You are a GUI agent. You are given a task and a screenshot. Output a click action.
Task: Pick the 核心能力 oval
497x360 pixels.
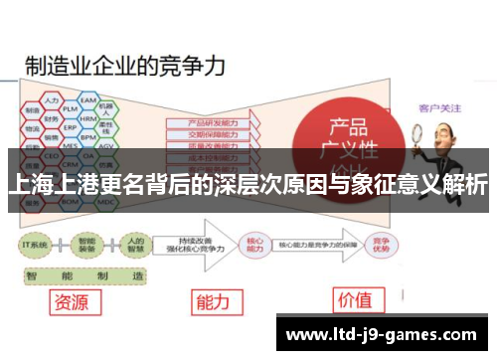253,243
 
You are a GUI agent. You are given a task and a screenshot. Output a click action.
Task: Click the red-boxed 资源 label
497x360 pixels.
76,299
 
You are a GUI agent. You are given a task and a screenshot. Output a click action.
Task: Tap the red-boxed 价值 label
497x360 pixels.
355,299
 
